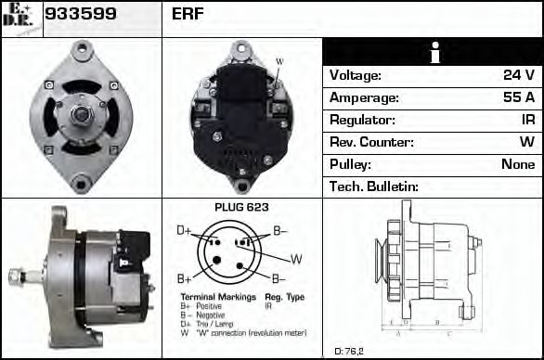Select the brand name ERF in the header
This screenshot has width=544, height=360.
point(188,14)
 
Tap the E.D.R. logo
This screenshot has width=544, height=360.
point(19,18)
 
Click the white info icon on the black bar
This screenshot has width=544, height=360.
point(433,53)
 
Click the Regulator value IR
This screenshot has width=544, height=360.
point(527,120)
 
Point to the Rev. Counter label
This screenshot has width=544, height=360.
point(371,142)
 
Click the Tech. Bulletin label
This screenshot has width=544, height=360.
point(374,186)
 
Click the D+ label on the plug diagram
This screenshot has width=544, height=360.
point(184,229)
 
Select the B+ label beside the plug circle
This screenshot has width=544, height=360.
point(184,278)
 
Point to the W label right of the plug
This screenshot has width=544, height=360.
point(296,258)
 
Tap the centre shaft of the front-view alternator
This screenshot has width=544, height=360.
point(81,114)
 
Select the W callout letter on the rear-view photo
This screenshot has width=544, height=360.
point(279,62)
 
